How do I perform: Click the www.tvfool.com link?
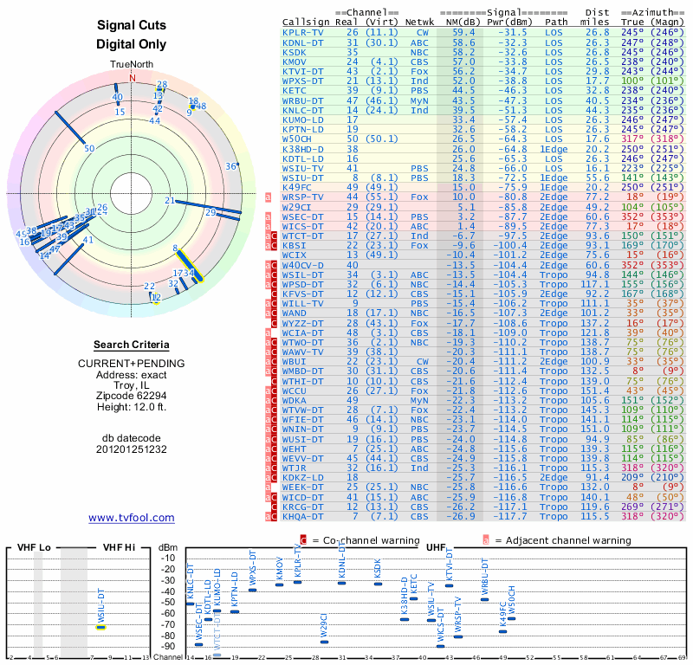(x=132, y=518)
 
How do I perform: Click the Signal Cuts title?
(x=132, y=27)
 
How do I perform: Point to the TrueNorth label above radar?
(x=132, y=65)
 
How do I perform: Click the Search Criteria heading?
(x=132, y=344)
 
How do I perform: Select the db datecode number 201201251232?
(x=132, y=450)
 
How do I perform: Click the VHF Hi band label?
(x=120, y=547)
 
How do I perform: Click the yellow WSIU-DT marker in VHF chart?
(x=100, y=626)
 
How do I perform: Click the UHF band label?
(x=437, y=548)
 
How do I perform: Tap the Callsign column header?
(x=306, y=22)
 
